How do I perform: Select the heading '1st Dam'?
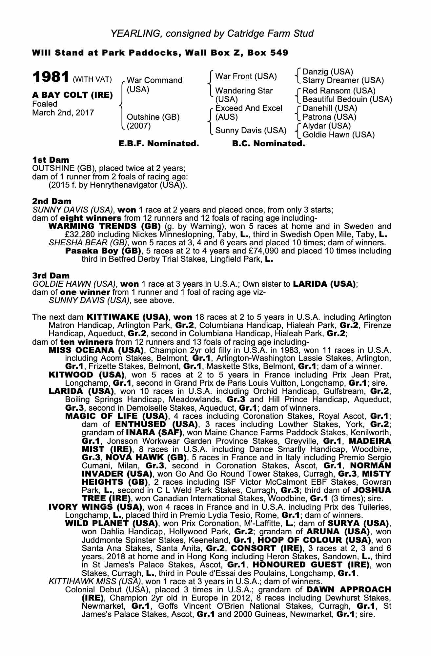[x=51, y=160]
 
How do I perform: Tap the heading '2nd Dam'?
[x=51, y=201]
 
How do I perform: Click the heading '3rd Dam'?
[x=51, y=276]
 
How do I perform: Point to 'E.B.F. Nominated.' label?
[x=158, y=144]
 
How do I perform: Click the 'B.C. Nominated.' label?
[x=268, y=144]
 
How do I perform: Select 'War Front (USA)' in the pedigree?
[x=246, y=76]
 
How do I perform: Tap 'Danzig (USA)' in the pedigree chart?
[x=327, y=72]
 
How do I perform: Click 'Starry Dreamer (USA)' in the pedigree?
[x=343, y=80]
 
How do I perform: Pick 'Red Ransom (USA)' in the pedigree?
[x=339, y=91]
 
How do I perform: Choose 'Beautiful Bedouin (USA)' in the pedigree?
[x=347, y=99]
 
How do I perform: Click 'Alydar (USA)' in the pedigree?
[x=326, y=126]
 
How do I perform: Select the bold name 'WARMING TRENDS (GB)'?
[x=104, y=226]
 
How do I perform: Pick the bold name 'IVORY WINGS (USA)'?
[x=95, y=507]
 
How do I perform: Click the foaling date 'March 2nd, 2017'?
[x=63, y=113]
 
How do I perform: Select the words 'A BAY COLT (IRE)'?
[x=72, y=95]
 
